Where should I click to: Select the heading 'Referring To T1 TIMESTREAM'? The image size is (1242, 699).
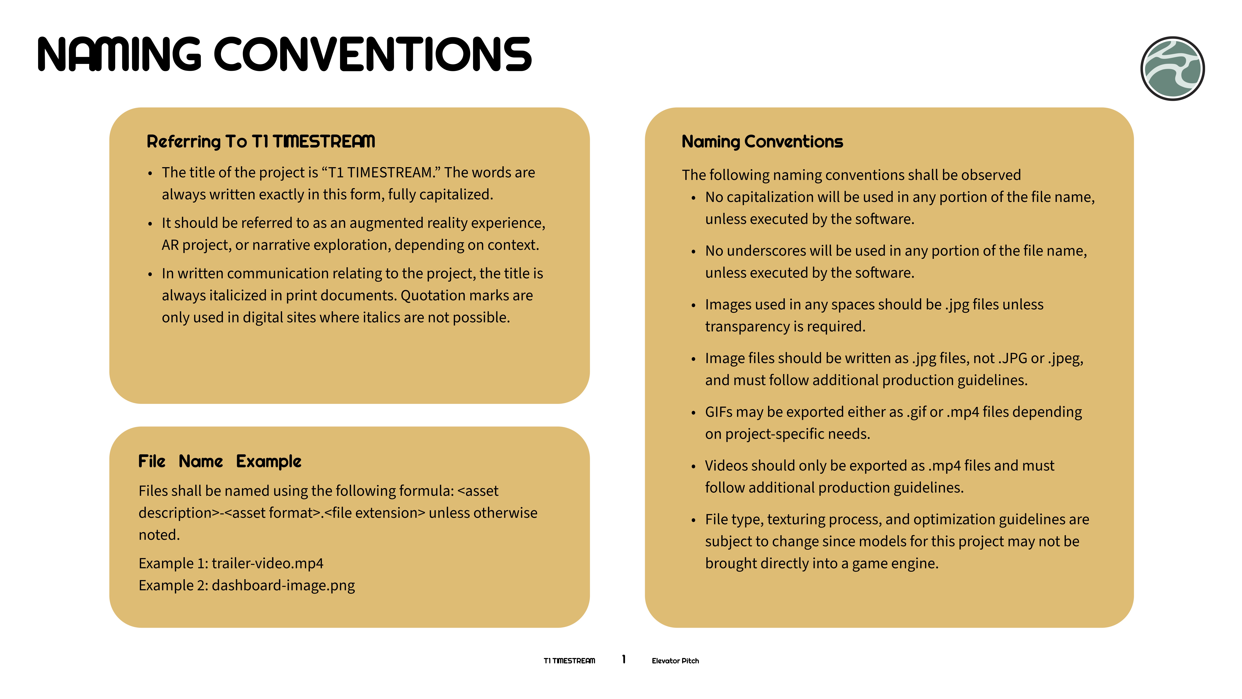point(261,141)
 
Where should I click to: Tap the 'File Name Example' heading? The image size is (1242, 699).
point(220,461)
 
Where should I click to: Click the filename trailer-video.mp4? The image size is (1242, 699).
point(268,563)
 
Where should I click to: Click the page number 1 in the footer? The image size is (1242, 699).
point(624,659)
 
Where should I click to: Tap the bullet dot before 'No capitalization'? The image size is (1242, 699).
point(693,198)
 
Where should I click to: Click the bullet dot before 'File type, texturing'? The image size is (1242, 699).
point(693,520)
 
